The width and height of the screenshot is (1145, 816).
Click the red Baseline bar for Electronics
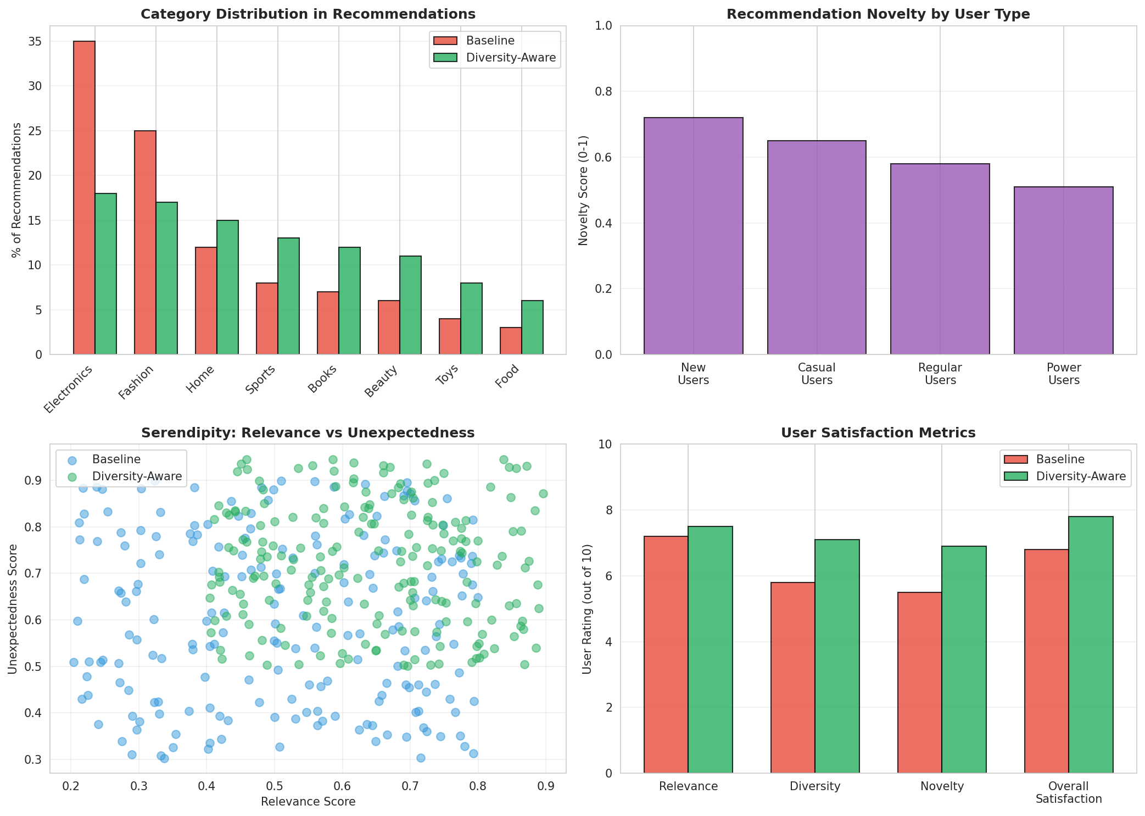click(83, 198)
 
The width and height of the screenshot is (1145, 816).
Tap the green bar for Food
click(532, 327)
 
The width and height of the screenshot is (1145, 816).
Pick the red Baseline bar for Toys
click(449, 336)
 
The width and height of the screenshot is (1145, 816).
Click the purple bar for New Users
click(693, 236)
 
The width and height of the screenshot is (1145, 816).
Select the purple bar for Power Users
click(1063, 270)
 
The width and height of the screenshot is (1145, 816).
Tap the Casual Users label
click(817, 374)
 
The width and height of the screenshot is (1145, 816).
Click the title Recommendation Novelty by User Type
click(878, 14)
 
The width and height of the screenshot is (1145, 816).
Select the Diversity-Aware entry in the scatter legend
click(137, 476)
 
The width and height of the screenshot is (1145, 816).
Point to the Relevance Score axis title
click(308, 802)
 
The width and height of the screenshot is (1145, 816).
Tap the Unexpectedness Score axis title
click(13, 608)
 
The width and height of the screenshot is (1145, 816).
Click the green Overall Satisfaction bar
click(1090, 645)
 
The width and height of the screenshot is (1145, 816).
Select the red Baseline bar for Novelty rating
click(919, 682)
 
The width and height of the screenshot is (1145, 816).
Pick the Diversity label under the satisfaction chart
click(815, 786)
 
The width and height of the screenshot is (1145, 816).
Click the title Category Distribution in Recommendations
click(308, 14)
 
